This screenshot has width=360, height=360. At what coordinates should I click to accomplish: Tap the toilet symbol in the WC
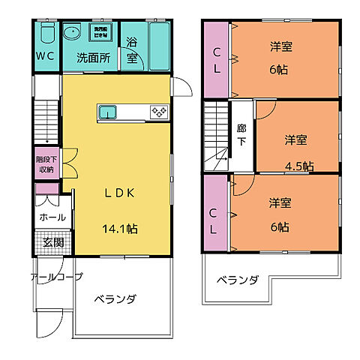tap(46, 34)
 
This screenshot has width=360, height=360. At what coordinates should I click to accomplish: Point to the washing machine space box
tap(100, 32)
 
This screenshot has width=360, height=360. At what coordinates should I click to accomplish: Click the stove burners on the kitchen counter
tap(158, 112)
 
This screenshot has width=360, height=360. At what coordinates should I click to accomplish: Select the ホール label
tap(51, 217)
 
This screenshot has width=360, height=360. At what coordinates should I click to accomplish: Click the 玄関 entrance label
tap(52, 242)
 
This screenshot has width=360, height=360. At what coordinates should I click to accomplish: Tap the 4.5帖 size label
tap(298, 166)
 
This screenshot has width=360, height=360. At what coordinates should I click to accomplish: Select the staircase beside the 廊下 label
tap(216, 135)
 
